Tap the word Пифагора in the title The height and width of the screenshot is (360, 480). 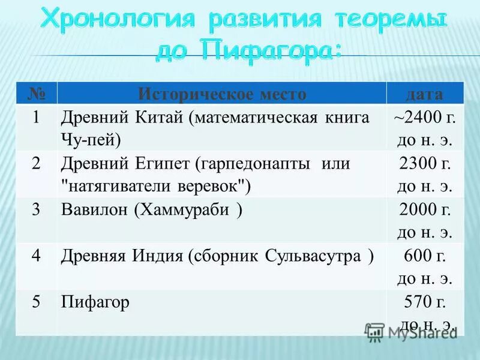(271, 52)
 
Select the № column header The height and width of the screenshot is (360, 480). (36, 94)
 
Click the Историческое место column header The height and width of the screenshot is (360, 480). (222, 94)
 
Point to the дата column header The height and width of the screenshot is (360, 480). (424, 94)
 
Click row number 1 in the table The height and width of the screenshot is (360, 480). (36, 118)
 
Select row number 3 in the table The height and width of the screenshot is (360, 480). (36, 209)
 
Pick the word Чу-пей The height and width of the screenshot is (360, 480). (91, 140)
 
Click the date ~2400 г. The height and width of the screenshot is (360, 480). (424, 118)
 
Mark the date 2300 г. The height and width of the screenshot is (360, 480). (424, 163)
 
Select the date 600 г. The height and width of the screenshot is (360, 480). (424, 256)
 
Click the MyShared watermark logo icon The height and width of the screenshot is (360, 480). (375, 331)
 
